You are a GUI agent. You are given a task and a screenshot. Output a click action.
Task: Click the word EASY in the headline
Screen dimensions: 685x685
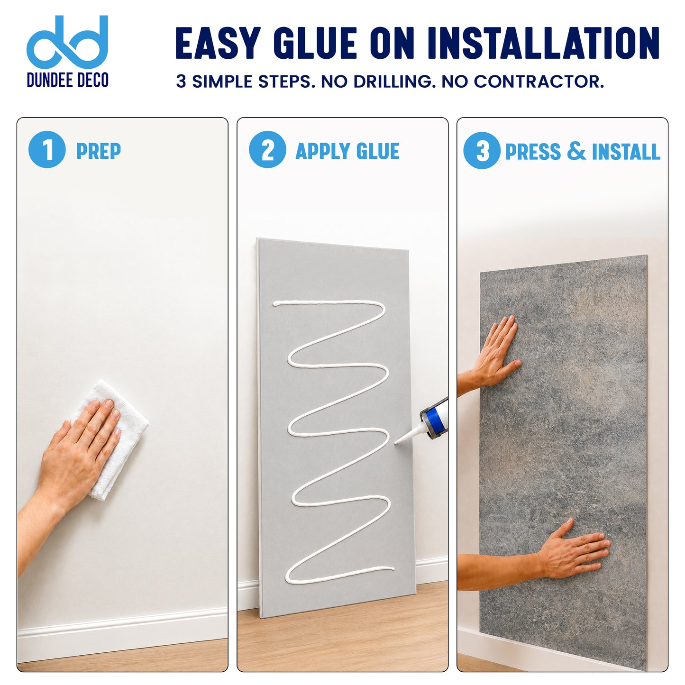coord(218,43)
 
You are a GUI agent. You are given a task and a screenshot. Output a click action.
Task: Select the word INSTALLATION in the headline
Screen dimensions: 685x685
coord(543,43)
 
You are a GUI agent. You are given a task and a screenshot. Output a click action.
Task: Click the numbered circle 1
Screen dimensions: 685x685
coord(47,149)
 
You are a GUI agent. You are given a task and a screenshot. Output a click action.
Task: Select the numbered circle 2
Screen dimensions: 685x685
coord(267,149)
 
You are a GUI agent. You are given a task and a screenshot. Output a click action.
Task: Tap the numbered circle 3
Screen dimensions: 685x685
coord(482,150)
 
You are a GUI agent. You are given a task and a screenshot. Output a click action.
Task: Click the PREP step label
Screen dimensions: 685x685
coord(99,151)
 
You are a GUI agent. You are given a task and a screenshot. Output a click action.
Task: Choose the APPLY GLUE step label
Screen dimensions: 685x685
coord(347,151)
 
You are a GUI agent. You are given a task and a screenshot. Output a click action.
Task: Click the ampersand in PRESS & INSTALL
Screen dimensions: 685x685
coord(576,151)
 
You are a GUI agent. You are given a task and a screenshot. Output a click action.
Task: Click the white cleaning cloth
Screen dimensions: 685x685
coord(109,440)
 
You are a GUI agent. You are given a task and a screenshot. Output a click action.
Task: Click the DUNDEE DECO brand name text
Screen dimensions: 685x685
coord(67,80)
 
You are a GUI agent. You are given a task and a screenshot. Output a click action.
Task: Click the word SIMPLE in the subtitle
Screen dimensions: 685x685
coord(222,82)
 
